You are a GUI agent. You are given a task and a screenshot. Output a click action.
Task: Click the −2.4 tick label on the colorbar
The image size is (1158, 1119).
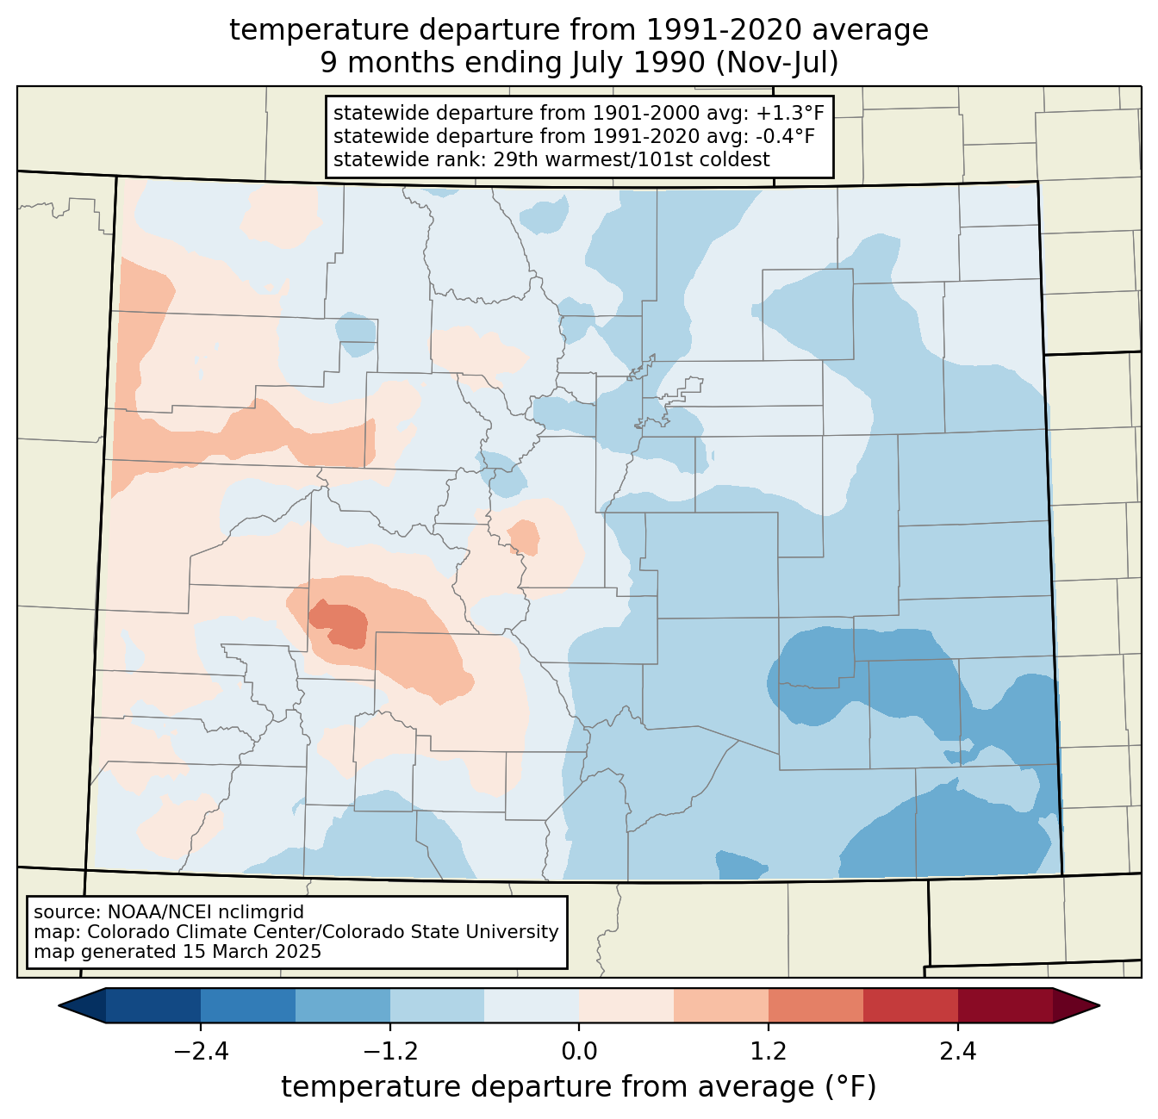click(201, 1052)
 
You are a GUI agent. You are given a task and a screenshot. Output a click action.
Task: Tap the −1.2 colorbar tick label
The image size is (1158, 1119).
click(390, 1052)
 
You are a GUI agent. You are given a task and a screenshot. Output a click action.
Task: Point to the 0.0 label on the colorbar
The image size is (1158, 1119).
click(579, 1052)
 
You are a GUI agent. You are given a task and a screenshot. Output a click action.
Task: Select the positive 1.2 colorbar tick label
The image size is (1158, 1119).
click(769, 1052)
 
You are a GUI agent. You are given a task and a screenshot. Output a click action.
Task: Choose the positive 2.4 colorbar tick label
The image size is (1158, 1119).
click(958, 1052)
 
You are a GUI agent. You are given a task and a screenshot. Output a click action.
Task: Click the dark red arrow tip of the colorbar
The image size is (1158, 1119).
click(1077, 1006)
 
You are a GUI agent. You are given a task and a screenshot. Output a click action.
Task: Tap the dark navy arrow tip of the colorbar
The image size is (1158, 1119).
click(82, 1006)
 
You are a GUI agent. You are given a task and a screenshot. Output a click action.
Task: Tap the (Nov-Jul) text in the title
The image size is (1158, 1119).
click(777, 63)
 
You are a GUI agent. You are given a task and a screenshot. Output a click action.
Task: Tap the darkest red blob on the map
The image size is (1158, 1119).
click(339, 625)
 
